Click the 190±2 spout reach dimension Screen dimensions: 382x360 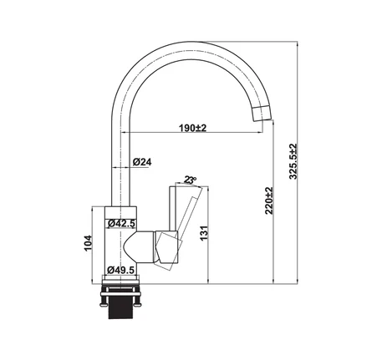(192, 128)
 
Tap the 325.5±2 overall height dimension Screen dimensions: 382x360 (293, 161)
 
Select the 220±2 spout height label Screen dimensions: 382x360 (269, 200)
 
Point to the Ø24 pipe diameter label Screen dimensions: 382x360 (142, 162)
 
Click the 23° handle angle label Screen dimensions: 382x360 (191, 180)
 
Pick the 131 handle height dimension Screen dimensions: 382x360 (204, 233)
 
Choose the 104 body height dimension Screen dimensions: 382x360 (88, 243)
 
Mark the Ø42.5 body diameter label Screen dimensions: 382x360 (121, 223)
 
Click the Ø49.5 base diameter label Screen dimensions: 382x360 (121, 270)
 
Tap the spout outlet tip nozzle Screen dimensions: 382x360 (262, 114)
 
